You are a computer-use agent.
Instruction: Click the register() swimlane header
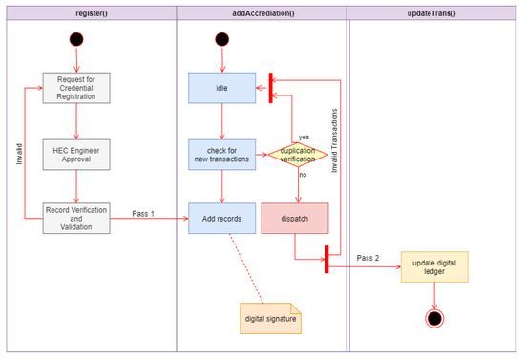pyautogui.click(x=89, y=12)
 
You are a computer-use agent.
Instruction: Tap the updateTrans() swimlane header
pyautogui.click(x=433, y=12)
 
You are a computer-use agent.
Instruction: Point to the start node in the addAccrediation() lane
pyautogui.click(x=221, y=40)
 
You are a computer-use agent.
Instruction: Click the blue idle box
pyautogui.click(x=221, y=88)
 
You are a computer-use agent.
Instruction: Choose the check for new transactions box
pyautogui.click(x=221, y=153)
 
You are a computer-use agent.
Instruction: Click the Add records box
pyautogui.click(x=221, y=217)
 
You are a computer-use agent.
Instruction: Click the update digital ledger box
pyautogui.click(x=434, y=268)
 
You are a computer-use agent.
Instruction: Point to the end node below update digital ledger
pyautogui.click(x=434, y=317)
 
